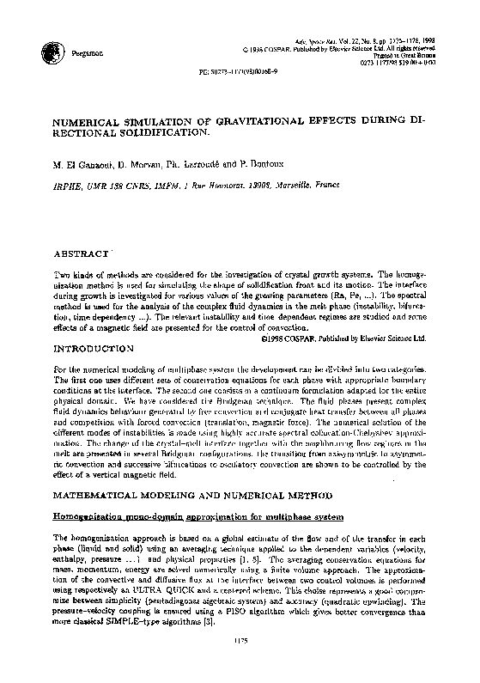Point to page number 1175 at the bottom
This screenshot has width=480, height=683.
tap(240, 664)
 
